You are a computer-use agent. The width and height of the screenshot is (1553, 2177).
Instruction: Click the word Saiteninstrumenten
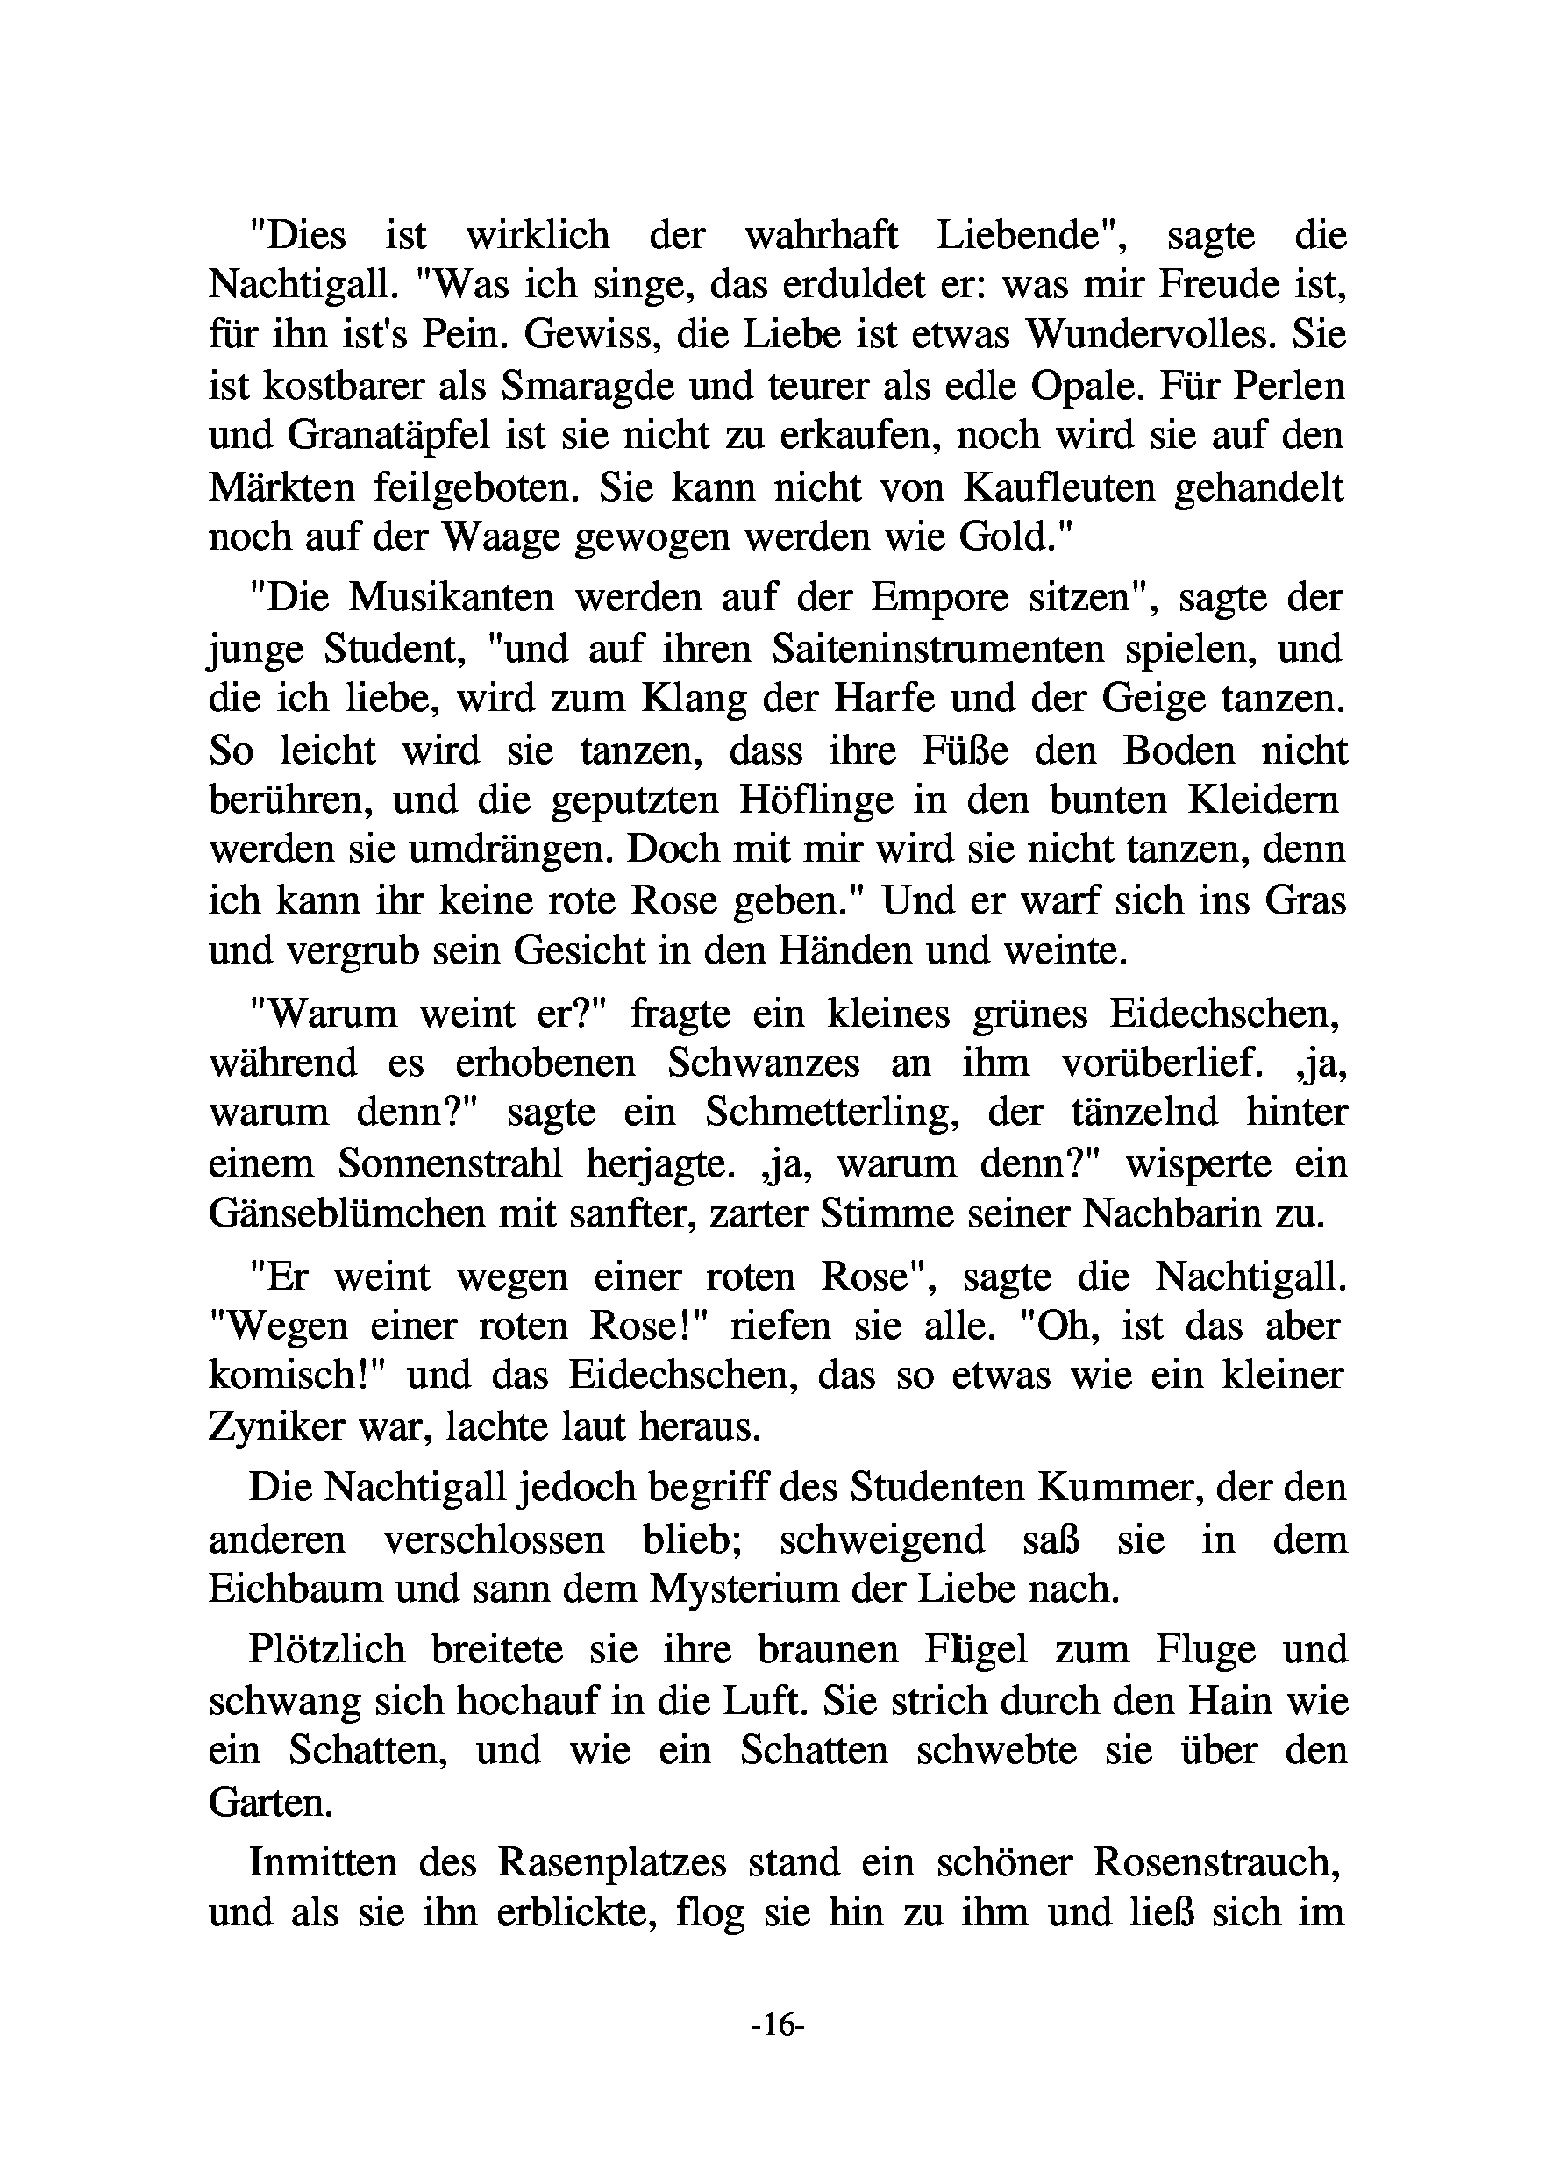[937, 649]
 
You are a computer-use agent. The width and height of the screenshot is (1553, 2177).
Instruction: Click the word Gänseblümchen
[341, 1214]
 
